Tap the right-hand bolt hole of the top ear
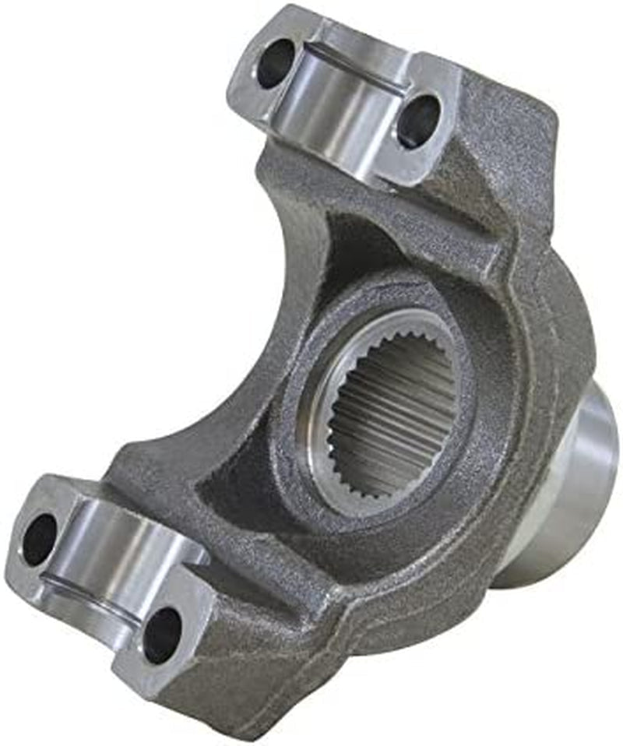[x=418, y=121]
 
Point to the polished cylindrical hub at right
[x=572, y=498]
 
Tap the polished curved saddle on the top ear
[x=343, y=109]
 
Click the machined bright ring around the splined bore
[x=327, y=459]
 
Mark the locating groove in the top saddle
[x=354, y=72]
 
